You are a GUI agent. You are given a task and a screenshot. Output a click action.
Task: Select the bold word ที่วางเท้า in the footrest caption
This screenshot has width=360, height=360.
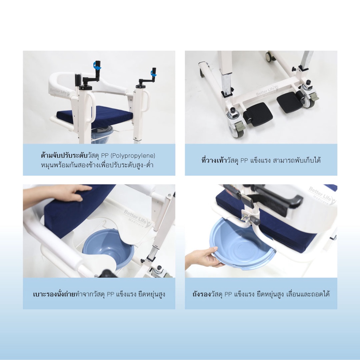(214, 160)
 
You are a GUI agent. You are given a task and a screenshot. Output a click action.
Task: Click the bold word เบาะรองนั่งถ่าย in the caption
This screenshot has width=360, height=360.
(54, 294)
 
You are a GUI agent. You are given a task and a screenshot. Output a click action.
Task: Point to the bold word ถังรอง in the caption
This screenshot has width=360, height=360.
(201, 294)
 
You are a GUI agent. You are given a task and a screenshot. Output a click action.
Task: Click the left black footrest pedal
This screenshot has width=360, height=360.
(258, 114)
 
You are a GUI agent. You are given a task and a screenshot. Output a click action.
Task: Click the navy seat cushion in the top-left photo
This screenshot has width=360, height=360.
(95, 116)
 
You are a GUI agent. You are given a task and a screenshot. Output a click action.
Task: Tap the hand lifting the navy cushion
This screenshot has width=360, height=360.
(57, 196)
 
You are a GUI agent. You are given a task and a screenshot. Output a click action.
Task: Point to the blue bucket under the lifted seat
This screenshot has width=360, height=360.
(108, 248)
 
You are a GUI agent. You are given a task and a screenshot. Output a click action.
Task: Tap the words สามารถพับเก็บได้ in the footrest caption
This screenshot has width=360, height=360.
(297, 160)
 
